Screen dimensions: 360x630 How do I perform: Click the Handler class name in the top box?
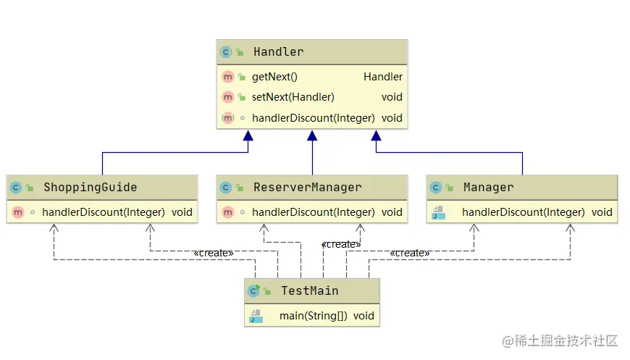click(278, 52)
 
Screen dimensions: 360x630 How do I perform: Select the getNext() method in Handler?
click(274, 77)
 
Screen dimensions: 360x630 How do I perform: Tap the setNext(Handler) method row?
click(293, 97)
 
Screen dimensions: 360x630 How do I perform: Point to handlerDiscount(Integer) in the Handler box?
click(313, 118)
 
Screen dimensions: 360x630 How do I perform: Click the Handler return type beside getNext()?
click(383, 77)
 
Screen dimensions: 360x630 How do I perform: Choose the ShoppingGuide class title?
click(90, 188)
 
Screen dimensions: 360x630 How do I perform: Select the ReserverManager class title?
click(307, 188)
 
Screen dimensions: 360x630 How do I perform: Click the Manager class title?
click(488, 188)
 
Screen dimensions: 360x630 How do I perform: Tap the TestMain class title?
click(309, 291)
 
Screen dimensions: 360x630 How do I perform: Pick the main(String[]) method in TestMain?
click(313, 317)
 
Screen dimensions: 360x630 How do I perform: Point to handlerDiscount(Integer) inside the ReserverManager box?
click(313, 212)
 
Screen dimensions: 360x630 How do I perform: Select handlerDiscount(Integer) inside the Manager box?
click(523, 212)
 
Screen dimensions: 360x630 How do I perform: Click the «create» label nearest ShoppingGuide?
click(213, 253)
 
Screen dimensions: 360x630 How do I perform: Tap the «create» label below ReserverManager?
click(341, 245)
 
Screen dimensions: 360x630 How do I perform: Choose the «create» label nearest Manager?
click(409, 253)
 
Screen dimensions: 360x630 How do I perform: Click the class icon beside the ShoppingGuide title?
click(16, 188)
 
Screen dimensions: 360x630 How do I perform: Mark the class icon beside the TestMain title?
click(253, 291)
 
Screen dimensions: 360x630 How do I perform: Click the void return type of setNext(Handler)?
click(392, 97)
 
